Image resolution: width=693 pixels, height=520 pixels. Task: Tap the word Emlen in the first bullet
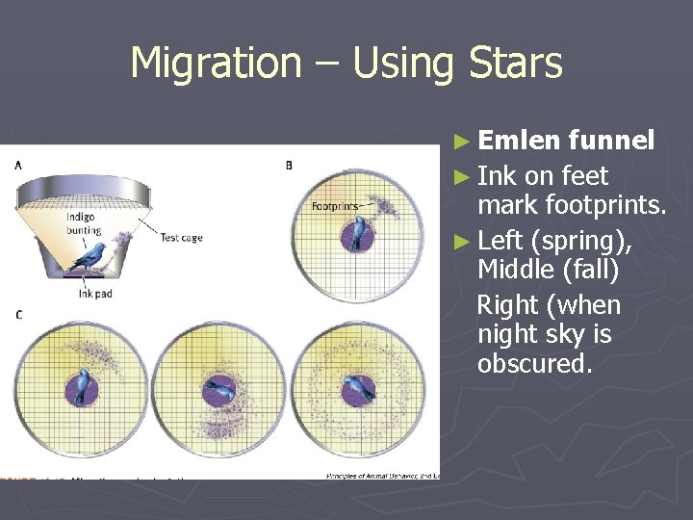[x=518, y=141]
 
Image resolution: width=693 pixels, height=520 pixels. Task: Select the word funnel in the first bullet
[x=611, y=141]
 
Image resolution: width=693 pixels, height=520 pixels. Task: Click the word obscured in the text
[x=534, y=364]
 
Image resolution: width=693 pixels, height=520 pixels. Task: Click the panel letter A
[x=18, y=165]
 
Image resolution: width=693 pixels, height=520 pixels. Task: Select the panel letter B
[x=289, y=166]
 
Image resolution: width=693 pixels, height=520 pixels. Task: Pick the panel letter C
[x=18, y=315]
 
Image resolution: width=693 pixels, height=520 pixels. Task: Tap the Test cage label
[x=181, y=237]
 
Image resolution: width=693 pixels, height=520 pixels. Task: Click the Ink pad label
[x=94, y=294]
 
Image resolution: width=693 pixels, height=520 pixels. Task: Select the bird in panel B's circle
[x=360, y=233]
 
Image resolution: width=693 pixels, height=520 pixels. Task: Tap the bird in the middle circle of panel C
[x=220, y=390]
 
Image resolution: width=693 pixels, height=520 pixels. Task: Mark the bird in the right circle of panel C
[x=354, y=389]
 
